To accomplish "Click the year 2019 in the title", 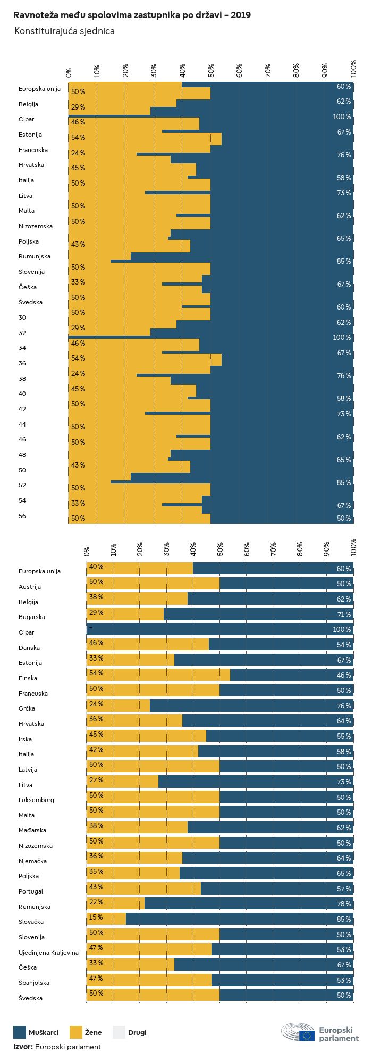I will [x=241, y=15].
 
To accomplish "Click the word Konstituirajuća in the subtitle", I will [x=43, y=31].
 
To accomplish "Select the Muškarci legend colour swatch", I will [x=20, y=1032].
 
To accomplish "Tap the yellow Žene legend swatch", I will [x=76, y=1032].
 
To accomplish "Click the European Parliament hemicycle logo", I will [x=298, y=1032].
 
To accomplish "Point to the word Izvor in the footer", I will [x=22, y=1047].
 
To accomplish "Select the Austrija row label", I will [x=30, y=587].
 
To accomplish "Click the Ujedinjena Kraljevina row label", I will [x=48, y=953].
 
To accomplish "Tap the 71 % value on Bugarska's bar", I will [x=344, y=614].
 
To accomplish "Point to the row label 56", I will [x=22, y=516].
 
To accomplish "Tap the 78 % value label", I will [x=344, y=904].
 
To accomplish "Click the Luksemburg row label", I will [x=36, y=800].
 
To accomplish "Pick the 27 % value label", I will [x=96, y=780].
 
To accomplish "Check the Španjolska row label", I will [x=34, y=983].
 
